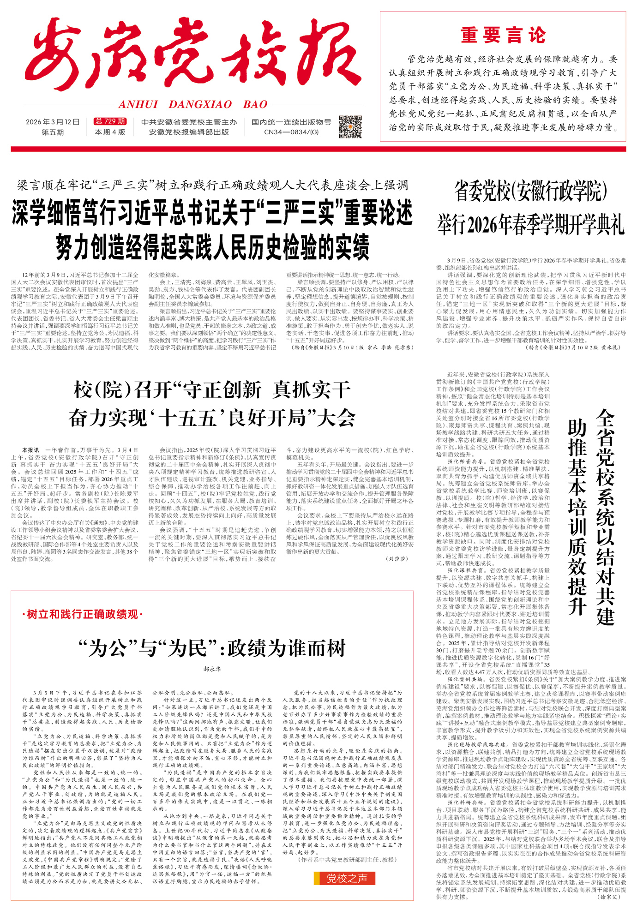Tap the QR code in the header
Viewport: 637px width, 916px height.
[x=350, y=127]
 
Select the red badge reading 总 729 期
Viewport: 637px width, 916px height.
[x=110, y=121]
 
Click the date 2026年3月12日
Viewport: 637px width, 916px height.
[x=53, y=122]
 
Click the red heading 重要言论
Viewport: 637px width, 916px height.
[x=503, y=36]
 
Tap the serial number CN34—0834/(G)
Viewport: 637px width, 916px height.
[x=291, y=132]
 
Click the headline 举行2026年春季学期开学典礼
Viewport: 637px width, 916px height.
[x=531, y=225]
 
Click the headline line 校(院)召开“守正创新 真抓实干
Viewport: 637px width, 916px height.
[x=212, y=390]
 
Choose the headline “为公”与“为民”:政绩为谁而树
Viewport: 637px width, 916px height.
[x=212, y=648]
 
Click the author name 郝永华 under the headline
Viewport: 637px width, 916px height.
[x=212, y=669]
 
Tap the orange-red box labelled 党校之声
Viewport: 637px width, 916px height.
[x=344, y=878]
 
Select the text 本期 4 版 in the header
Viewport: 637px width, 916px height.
[x=110, y=132]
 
